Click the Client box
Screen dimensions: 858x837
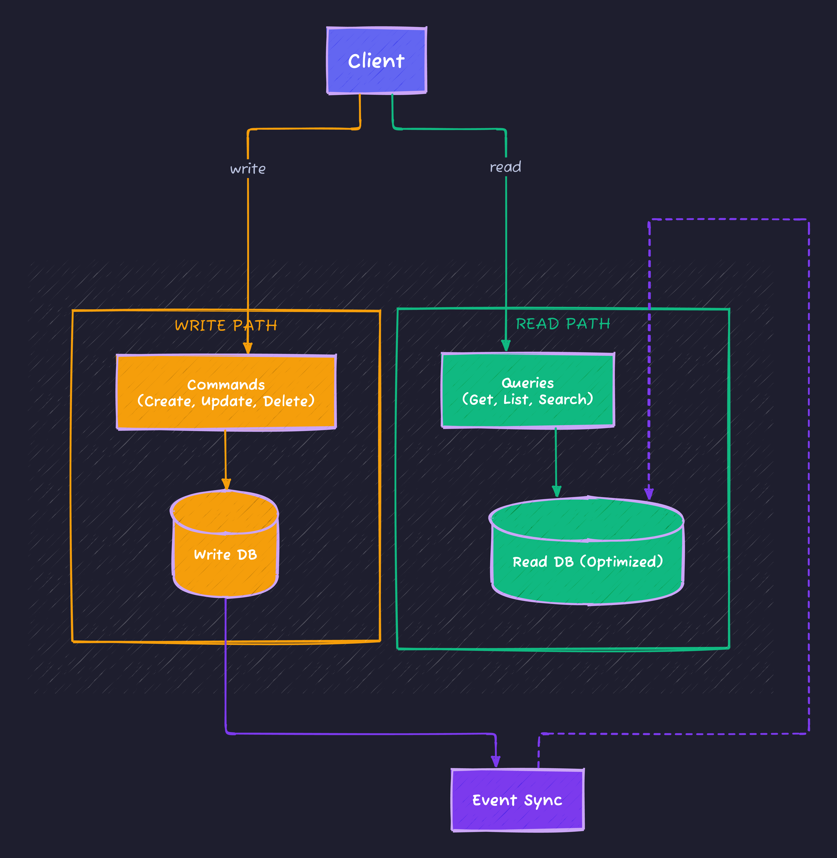[x=376, y=61]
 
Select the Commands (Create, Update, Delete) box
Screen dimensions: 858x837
[x=226, y=392]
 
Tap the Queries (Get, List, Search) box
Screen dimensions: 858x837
[x=528, y=390]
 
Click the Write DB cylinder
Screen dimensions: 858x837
[x=225, y=554]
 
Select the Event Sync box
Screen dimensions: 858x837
[x=517, y=800]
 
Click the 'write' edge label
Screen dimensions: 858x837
[x=248, y=169]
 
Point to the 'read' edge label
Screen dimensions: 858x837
[x=505, y=167]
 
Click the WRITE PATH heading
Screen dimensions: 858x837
[x=226, y=326]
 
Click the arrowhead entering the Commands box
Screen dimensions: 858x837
[x=248, y=348]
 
